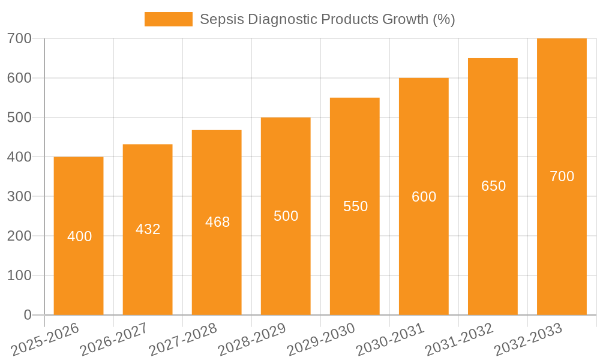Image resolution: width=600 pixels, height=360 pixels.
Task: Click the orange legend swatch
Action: coord(169,19)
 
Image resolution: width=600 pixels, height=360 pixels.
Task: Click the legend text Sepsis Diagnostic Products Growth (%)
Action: coord(327,19)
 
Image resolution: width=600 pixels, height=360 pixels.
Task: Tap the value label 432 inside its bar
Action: coord(148,229)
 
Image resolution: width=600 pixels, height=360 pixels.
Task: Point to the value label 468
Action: coord(217,222)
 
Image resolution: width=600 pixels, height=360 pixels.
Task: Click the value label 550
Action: coord(355,206)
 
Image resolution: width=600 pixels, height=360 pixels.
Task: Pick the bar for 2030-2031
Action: coord(424,252)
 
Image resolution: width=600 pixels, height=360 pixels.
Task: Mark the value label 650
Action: coord(493,186)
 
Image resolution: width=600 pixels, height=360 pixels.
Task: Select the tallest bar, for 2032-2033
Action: coord(562,240)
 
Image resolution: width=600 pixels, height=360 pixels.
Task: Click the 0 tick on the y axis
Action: coord(28,315)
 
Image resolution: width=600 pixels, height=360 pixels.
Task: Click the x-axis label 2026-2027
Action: coord(114,340)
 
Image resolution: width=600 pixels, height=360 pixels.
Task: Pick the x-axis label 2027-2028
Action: coord(183,340)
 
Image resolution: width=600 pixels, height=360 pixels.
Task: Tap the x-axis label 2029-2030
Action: coord(321,340)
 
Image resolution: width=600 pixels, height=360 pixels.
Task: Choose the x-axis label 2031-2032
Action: coord(459,340)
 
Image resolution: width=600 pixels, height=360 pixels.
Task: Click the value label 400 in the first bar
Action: coord(79,236)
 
